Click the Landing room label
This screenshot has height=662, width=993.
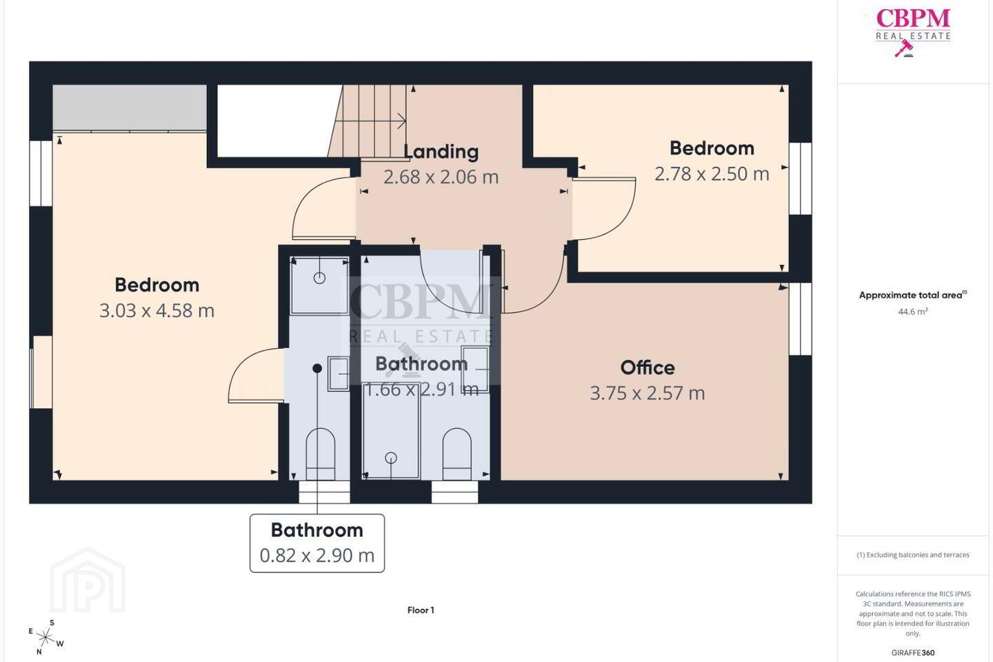(x=441, y=152)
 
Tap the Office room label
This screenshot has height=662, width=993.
(x=648, y=368)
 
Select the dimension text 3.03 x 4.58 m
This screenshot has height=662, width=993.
(x=157, y=310)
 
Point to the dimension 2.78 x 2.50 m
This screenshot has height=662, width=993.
(x=712, y=174)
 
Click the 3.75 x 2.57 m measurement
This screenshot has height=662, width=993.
(x=648, y=393)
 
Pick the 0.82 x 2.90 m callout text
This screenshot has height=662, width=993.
(x=317, y=556)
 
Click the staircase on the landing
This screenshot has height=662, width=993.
(x=368, y=121)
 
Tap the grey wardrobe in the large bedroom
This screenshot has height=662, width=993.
(x=130, y=108)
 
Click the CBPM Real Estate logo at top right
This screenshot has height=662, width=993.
(x=913, y=32)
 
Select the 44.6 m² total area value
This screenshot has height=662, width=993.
(x=913, y=312)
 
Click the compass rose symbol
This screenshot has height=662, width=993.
(x=46, y=638)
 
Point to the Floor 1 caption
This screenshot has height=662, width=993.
(x=421, y=610)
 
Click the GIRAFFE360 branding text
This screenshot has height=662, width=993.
(x=913, y=652)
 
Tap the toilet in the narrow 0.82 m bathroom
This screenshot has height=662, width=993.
(x=321, y=454)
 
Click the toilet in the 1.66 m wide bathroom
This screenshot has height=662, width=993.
(x=457, y=454)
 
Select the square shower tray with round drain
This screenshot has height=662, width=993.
(x=319, y=285)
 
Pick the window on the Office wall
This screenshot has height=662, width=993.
(x=801, y=319)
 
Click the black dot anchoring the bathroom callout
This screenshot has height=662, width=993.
(x=317, y=368)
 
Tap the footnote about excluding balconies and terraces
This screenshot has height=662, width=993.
(x=913, y=554)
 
